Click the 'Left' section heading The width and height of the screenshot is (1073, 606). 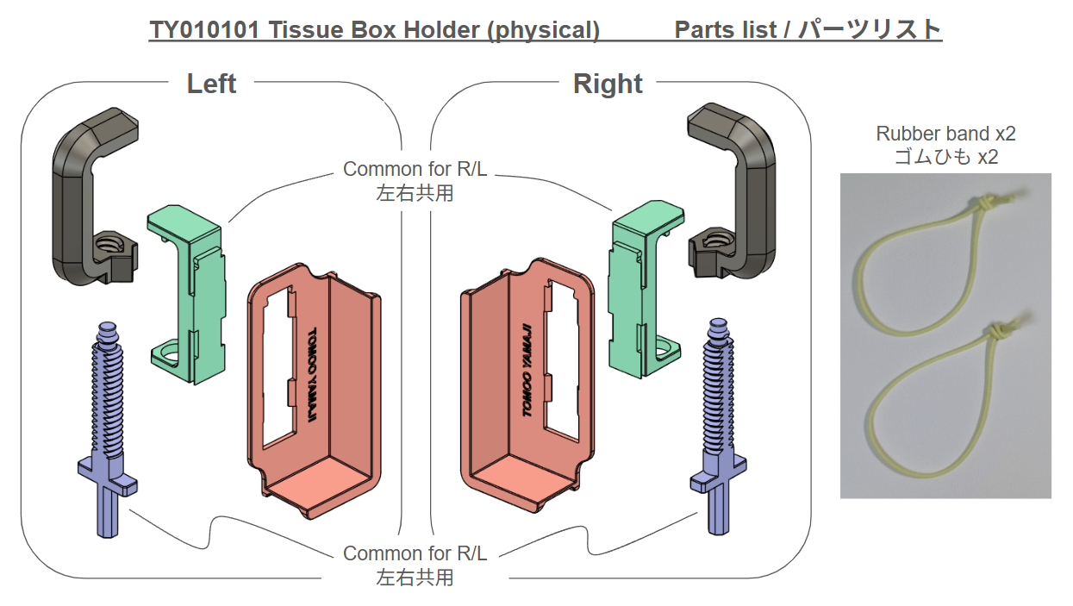pyautogui.click(x=211, y=84)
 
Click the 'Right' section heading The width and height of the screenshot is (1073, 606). pyautogui.click(x=608, y=84)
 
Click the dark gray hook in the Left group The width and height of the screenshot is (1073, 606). pyautogui.click(x=69, y=190)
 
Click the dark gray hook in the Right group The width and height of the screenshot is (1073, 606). pyautogui.click(x=758, y=190)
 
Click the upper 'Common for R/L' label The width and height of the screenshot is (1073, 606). pyautogui.click(x=415, y=169)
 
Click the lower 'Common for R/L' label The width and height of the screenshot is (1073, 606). pyautogui.click(x=415, y=553)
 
